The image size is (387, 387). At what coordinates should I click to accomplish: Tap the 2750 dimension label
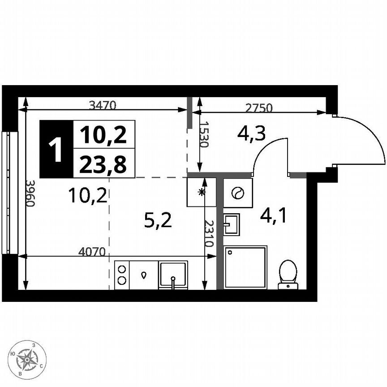click(x=258, y=107)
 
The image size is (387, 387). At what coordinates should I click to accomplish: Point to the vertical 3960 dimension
click(x=30, y=193)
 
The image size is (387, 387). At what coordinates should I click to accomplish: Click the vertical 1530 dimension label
click(x=204, y=134)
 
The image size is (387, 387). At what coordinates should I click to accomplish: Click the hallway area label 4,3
click(x=252, y=133)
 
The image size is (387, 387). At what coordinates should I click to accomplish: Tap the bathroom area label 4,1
click(x=274, y=216)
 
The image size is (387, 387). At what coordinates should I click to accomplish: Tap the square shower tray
click(x=245, y=267)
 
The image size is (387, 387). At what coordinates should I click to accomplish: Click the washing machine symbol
click(x=237, y=193)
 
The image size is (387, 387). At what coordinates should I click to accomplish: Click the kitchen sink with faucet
click(x=173, y=275)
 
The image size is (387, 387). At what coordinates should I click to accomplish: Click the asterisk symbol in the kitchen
click(x=202, y=192)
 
